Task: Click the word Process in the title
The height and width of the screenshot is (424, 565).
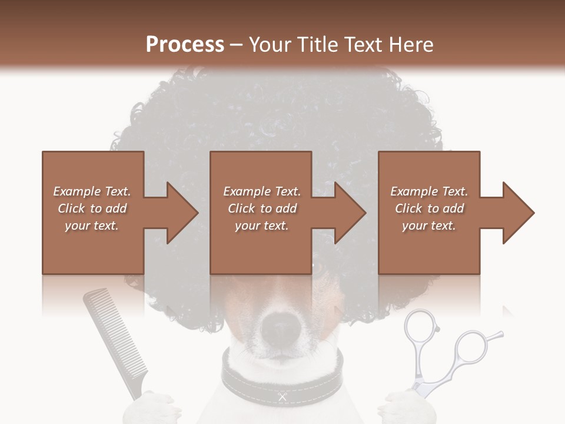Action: (185, 45)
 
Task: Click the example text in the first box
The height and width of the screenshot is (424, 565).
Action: (92, 208)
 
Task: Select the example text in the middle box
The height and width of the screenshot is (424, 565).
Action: (261, 208)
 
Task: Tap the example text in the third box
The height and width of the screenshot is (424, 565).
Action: (429, 208)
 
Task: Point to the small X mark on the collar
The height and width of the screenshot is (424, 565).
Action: (282, 397)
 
